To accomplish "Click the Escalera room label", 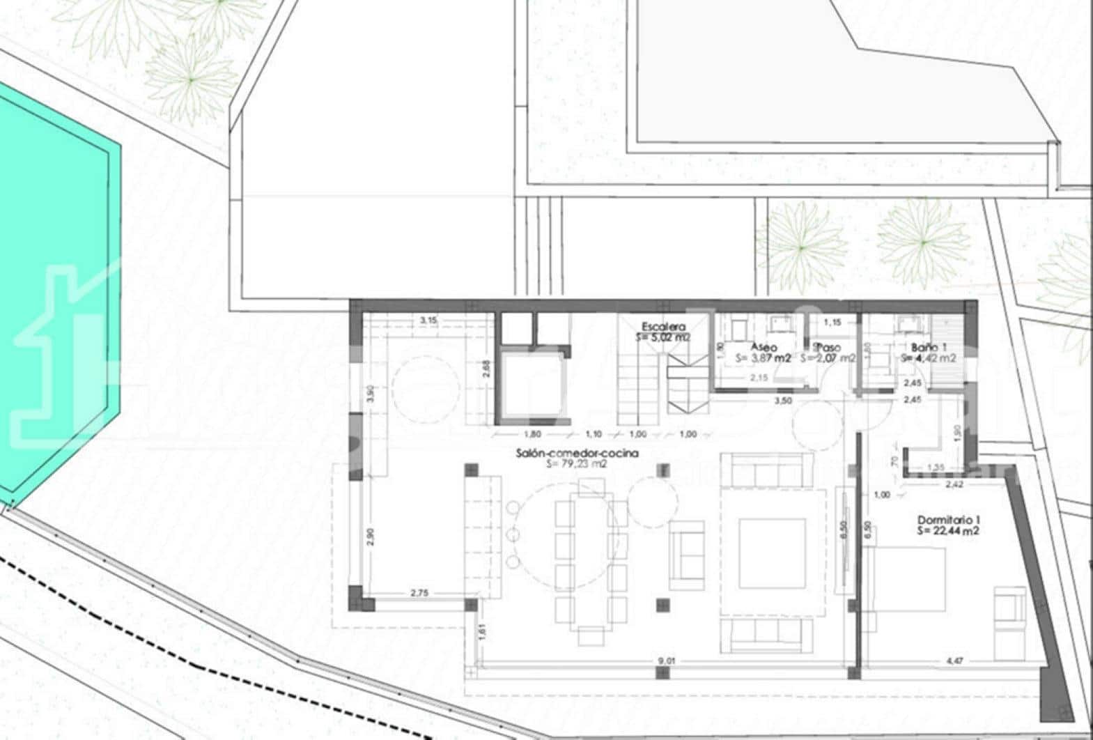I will coord(663,326).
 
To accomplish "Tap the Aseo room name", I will coord(763,347).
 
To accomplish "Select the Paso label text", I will coord(828,347).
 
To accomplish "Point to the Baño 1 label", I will coord(929,347).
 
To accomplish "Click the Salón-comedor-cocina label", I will coord(577,453).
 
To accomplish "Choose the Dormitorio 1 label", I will coord(949,519).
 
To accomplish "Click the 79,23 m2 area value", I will coord(577,463).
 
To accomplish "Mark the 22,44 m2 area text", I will coord(949,531).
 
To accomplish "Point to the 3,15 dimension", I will coord(428,320).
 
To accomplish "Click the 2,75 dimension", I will coord(419,593).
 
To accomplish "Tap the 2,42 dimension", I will coord(954,482).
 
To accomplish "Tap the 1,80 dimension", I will coord(530,434).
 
